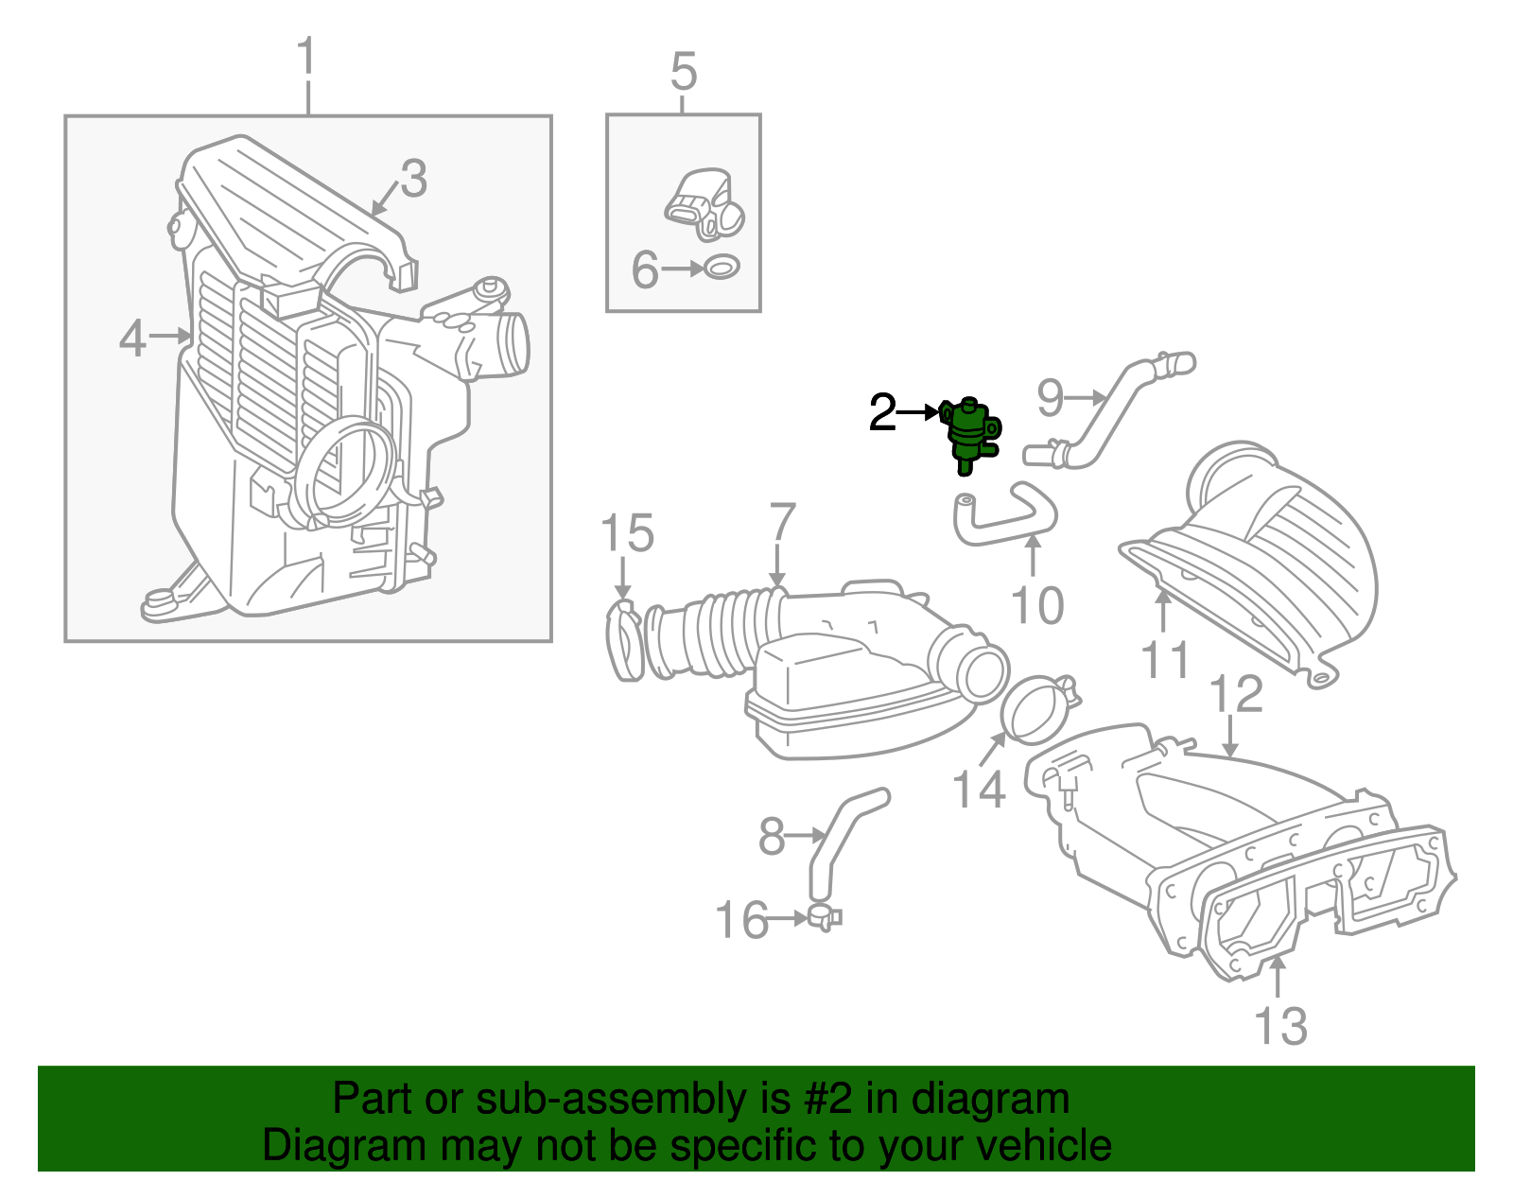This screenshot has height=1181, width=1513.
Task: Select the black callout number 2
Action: pyautogui.click(x=881, y=413)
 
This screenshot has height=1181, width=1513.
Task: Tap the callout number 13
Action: pyautogui.click(x=1280, y=1026)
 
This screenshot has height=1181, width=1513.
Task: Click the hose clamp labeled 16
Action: pyautogui.click(x=823, y=916)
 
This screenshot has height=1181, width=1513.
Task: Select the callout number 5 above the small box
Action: pyautogui.click(x=684, y=72)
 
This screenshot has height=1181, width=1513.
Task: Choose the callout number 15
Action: pyautogui.click(x=627, y=533)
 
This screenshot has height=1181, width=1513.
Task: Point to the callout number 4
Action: pyautogui.click(x=132, y=338)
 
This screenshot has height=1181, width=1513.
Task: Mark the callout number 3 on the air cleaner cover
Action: pyautogui.click(x=413, y=178)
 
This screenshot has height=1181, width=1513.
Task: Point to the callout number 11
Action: pyautogui.click(x=1165, y=659)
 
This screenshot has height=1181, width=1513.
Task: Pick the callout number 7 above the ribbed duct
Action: pyautogui.click(x=782, y=522)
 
